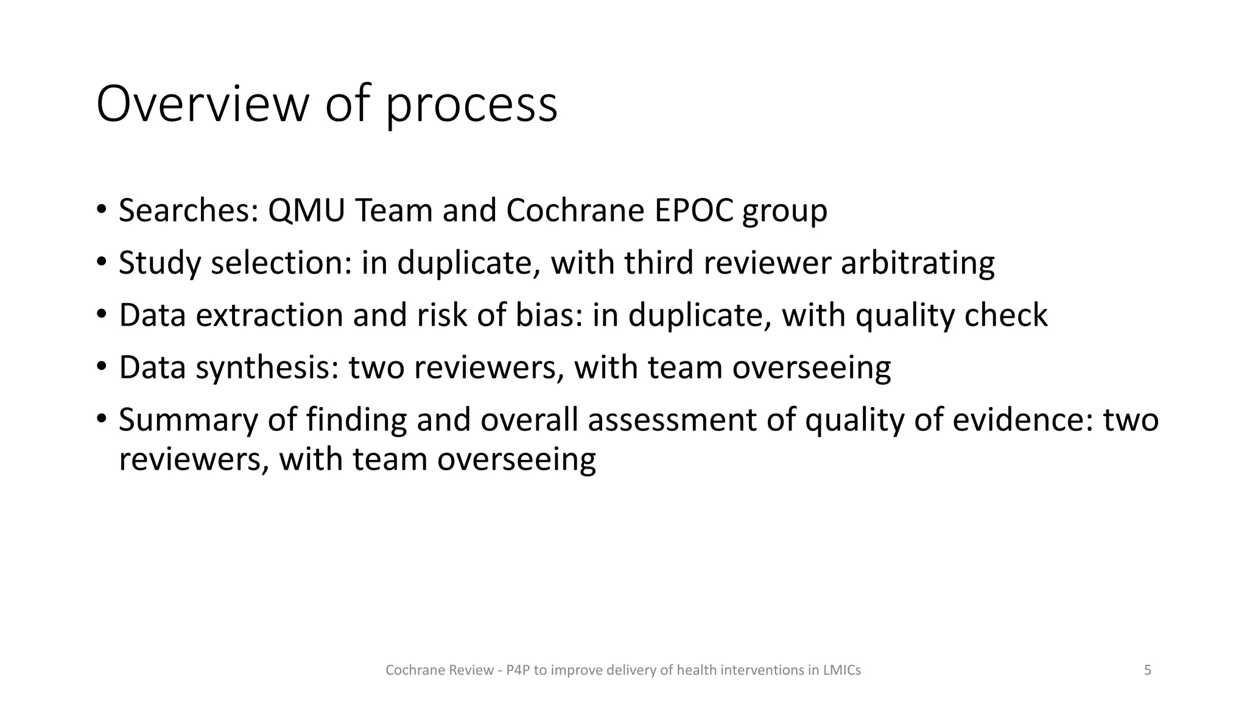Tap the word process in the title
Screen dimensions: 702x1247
pos(471,107)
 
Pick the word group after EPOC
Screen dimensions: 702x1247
pos(785,213)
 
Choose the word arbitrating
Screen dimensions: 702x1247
pos(918,263)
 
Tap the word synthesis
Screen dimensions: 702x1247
pos(267,368)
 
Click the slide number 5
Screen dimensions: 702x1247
pos(1148,670)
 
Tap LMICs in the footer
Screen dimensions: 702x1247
pos(841,670)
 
